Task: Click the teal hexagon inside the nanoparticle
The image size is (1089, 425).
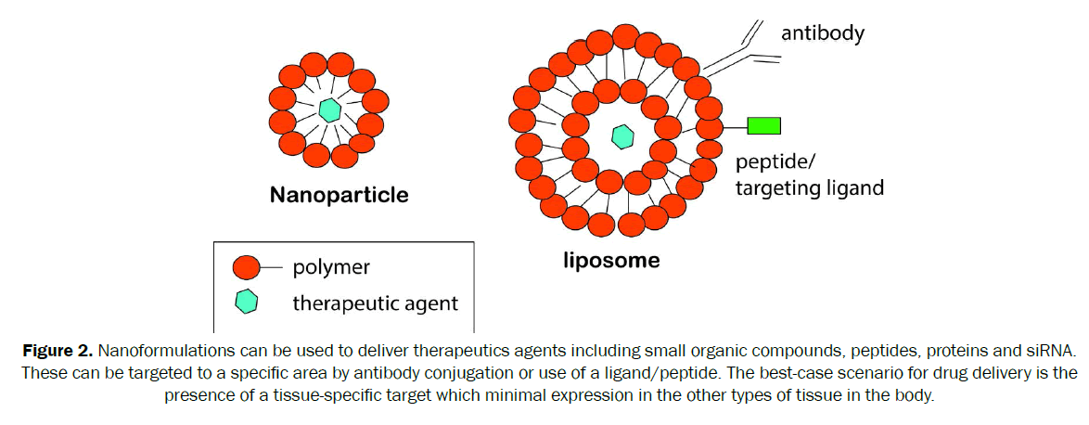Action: point(328,109)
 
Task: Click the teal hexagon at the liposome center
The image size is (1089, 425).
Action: point(621,136)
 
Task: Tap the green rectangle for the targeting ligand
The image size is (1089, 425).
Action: point(764,125)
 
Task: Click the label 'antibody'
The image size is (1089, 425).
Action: point(823,34)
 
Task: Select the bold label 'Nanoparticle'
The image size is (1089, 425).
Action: point(339,196)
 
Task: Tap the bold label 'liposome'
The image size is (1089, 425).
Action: point(611,260)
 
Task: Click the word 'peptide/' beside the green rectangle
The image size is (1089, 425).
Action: point(775,162)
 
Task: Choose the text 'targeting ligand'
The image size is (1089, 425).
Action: point(809,187)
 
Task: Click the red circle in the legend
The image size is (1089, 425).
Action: point(247,267)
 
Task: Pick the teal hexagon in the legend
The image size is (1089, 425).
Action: point(247,302)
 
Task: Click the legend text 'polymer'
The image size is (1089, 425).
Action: point(331,267)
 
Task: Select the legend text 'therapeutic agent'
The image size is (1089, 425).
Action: point(375,303)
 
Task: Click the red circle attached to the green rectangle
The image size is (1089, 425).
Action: point(710,127)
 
